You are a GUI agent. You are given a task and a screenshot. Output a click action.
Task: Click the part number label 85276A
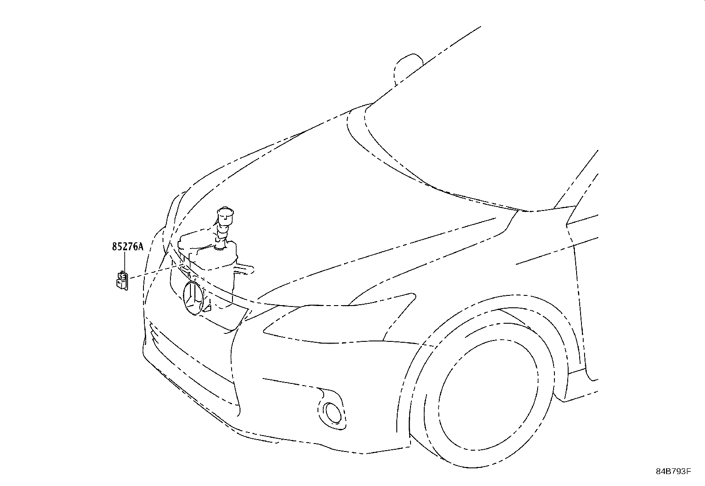(x=128, y=247)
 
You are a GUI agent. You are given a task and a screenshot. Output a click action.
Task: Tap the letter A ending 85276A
(x=141, y=247)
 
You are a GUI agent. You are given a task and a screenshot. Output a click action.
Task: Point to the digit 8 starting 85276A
(x=114, y=247)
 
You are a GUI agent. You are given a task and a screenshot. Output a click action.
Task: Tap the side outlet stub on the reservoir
(x=245, y=268)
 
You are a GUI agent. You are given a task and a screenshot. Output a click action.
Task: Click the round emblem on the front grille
(x=193, y=298)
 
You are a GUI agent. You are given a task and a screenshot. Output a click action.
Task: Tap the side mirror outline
(x=407, y=66)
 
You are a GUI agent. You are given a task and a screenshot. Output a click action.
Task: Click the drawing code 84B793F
(x=673, y=471)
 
